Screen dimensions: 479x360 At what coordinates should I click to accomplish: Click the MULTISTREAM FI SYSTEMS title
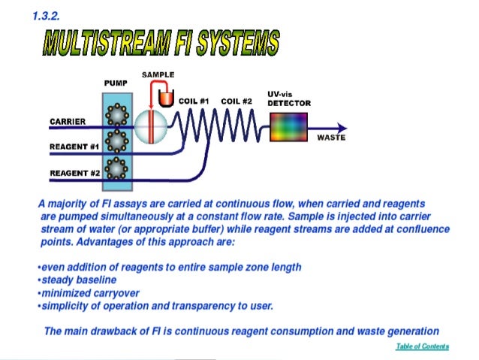point(161,44)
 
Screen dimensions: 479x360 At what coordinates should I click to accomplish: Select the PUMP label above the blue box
point(115,83)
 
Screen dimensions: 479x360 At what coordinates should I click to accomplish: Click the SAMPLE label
point(158,76)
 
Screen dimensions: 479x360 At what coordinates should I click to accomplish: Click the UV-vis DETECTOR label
point(288,98)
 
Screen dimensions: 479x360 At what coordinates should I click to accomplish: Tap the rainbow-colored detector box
point(288,127)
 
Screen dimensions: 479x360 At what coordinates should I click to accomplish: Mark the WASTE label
point(331,138)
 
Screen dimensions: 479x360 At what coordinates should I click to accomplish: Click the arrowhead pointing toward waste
point(342,127)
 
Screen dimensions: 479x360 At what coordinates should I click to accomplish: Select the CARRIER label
point(67,121)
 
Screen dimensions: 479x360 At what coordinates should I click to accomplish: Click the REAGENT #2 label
point(74,172)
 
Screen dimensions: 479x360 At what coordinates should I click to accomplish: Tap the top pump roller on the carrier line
point(116,114)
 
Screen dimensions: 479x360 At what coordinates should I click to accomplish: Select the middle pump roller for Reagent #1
point(116,141)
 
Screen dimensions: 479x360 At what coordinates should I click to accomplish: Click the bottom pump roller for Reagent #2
point(116,166)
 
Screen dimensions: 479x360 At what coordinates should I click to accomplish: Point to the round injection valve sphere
point(150,126)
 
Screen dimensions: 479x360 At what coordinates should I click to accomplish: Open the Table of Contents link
point(422,346)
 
